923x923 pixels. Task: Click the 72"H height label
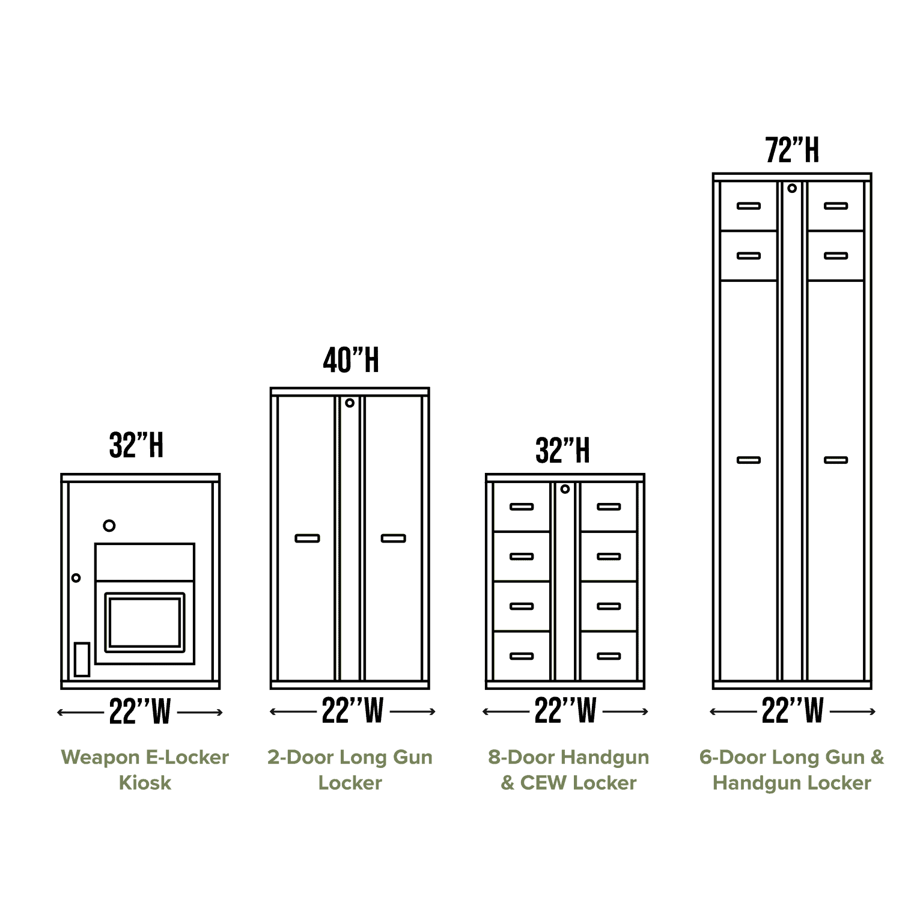[792, 150]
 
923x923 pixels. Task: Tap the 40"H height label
[351, 361]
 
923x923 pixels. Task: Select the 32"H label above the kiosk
[136, 446]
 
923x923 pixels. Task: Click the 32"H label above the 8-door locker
[562, 451]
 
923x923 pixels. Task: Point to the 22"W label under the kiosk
[140, 713]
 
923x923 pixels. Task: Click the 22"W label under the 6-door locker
[793, 711]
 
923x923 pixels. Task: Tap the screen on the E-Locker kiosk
[144, 623]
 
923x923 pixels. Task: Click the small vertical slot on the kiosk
[82, 659]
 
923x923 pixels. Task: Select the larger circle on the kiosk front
[109, 526]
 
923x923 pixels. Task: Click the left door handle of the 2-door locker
[307, 538]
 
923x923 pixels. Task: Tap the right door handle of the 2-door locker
[394, 538]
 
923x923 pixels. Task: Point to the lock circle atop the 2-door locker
[350, 403]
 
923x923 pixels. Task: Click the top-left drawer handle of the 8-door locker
[522, 507]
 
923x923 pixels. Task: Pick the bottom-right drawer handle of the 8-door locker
[609, 656]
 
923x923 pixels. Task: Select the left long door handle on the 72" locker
[749, 460]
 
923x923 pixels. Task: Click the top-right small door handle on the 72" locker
[836, 206]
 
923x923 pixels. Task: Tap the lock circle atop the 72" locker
[792, 188]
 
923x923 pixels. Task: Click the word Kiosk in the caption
[145, 783]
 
